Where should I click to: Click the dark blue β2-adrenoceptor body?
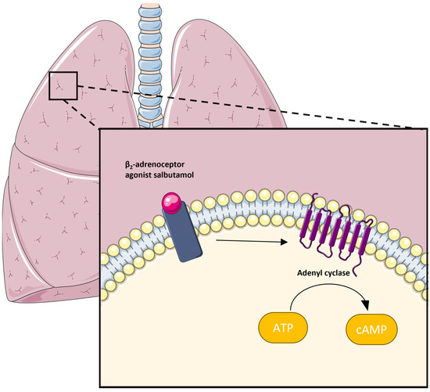pyautogui.click(x=183, y=236)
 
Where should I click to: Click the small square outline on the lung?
pyautogui.click(x=63, y=85)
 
